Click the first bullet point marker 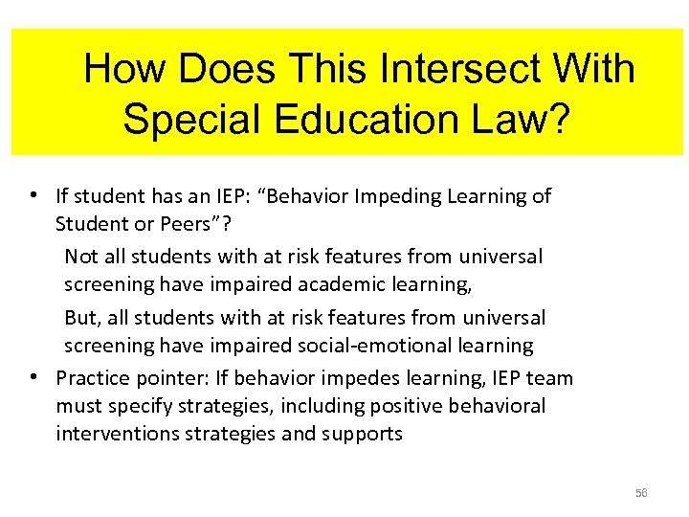coord(33,196)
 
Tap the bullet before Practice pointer coord(33,377)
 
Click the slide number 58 coord(640,492)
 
